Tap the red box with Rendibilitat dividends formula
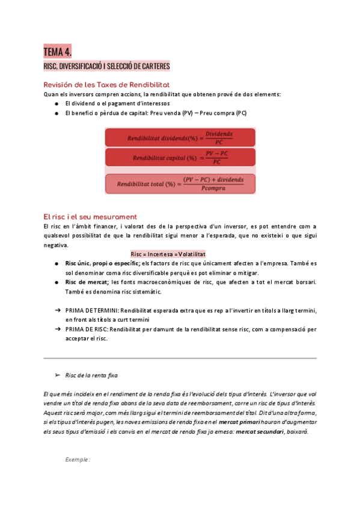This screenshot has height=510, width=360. [180, 137]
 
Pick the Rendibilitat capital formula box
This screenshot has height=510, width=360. [180, 158]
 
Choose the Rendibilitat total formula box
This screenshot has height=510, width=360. [180, 183]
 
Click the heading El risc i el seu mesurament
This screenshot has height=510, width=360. [90, 217]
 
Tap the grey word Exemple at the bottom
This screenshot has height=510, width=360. [78, 460]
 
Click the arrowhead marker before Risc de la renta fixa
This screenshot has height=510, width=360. [57, 375]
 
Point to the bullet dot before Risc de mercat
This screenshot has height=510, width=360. [56, 282]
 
